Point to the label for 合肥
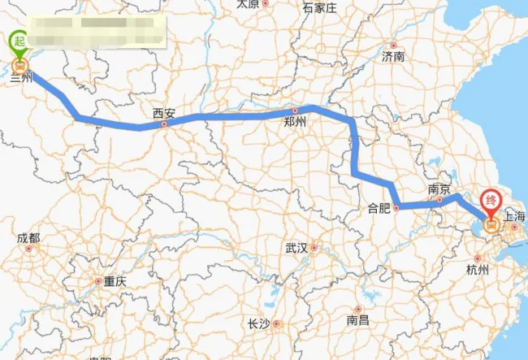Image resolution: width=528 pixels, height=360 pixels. coord(379,208)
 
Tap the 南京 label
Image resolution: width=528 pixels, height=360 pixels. coord(439,189)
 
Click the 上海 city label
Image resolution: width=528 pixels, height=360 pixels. coord(514,217)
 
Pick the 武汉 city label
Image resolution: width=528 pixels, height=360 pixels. coord(296,248)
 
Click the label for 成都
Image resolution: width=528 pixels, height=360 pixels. coord(28,238)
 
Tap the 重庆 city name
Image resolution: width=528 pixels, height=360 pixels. coord(115,281)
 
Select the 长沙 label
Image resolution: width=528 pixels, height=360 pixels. coord(258,323)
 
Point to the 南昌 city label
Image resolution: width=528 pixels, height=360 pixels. coord(357,320)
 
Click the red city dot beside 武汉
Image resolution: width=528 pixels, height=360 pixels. coord(313,248)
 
